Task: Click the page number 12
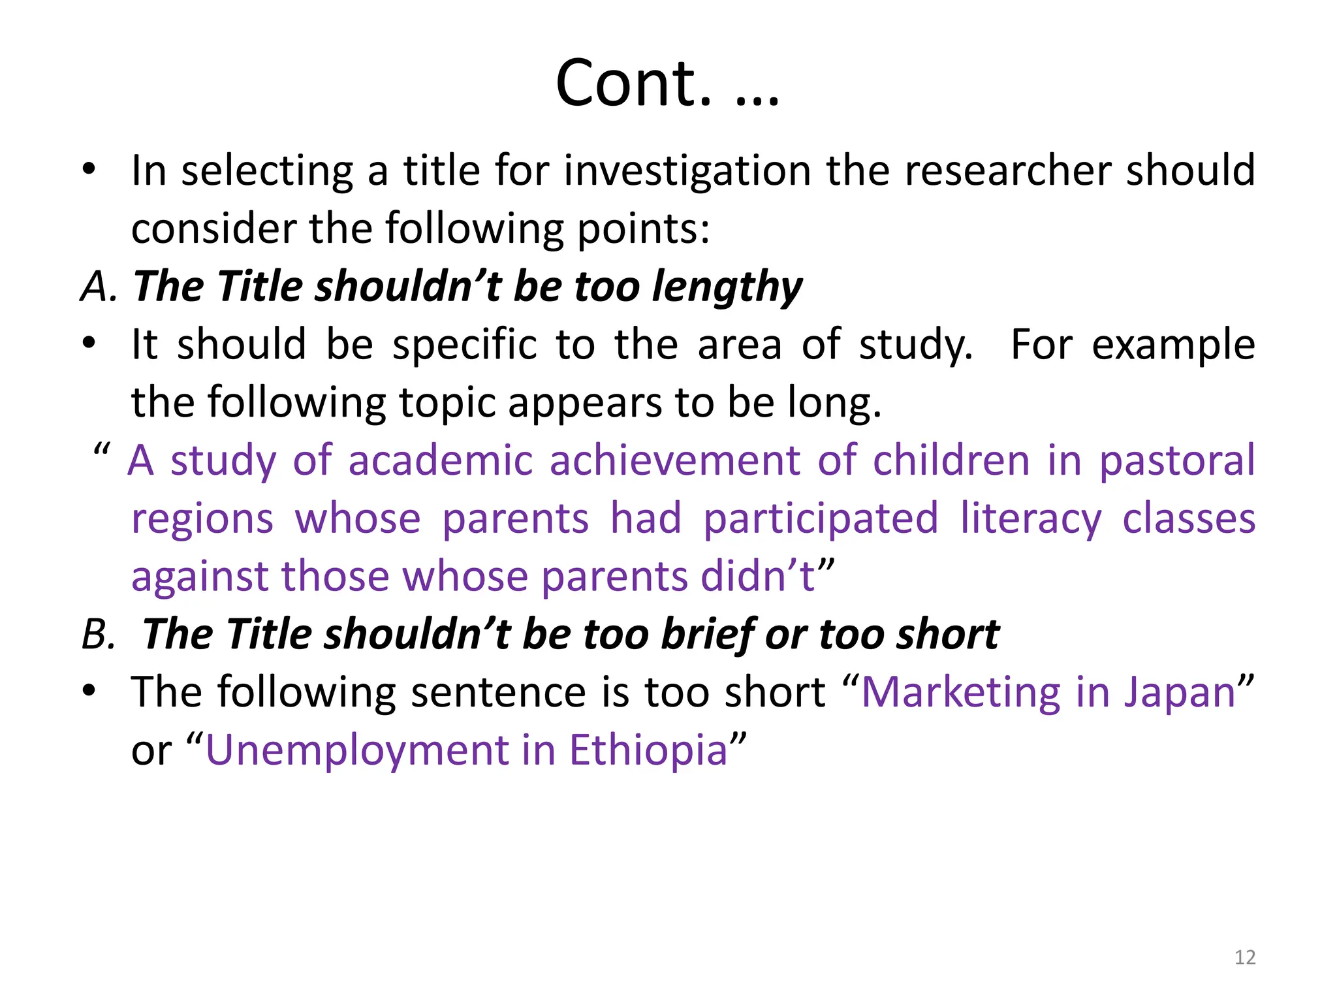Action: (1245, 957)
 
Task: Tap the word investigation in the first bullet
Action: (687, 171)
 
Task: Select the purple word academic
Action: (441, 461)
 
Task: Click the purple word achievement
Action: (675, 461)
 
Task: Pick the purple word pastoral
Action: (1177, 461)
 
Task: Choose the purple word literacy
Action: (1031, 519)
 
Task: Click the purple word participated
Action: (821, 519)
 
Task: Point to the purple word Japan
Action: (1180, 693)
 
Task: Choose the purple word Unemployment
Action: (356, 751)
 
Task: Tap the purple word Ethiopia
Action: (648, 751)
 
